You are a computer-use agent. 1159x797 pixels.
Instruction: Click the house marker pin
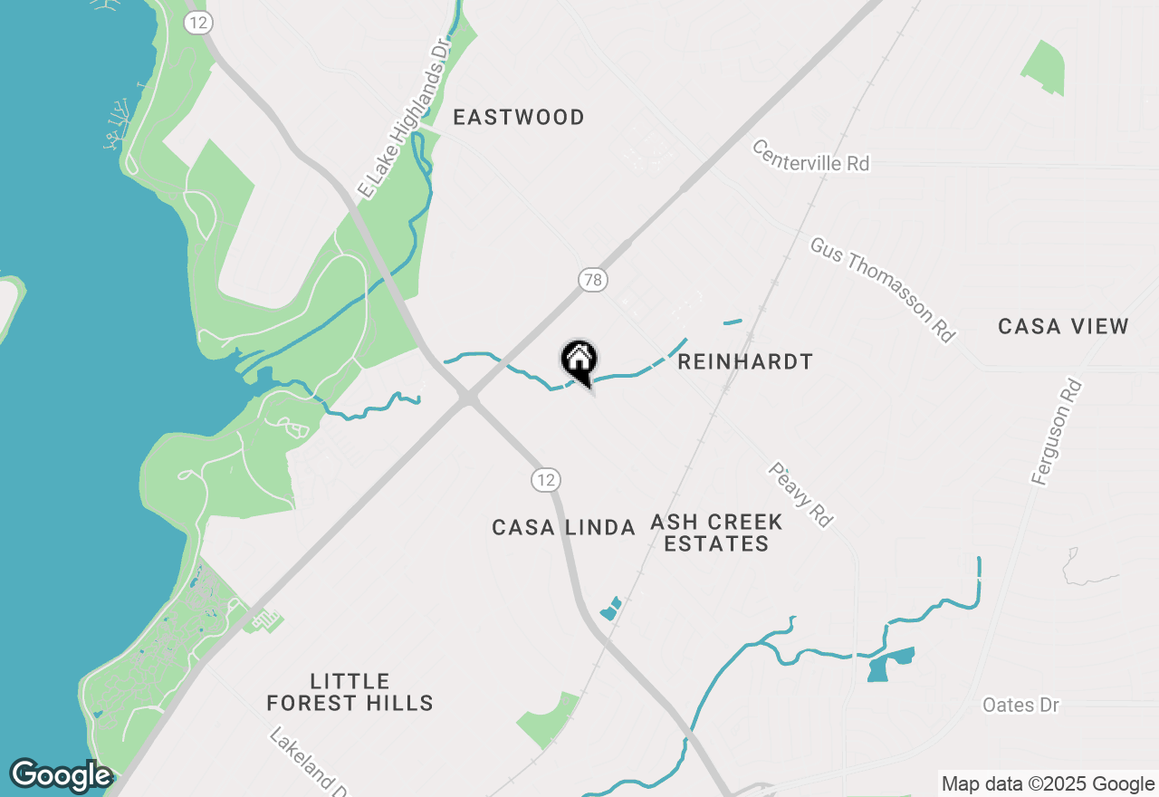(x=579, y=361)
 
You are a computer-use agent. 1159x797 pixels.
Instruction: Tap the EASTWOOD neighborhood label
(x=519, y=117)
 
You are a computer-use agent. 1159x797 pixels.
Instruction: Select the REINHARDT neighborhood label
(x=745, y=362)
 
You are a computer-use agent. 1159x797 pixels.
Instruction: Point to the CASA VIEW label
(x=1063, y=326)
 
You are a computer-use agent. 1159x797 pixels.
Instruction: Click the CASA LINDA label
(x=563, y=527)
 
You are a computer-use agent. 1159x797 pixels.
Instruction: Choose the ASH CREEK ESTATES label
(x=716, y=533)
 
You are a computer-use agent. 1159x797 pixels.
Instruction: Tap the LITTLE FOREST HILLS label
(x=350, y=692)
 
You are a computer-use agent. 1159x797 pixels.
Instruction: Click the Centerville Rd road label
(x=811, y=155)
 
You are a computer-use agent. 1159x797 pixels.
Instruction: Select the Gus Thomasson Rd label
(x=883, y=290)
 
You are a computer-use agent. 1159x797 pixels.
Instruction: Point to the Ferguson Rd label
(x=1057, y=432)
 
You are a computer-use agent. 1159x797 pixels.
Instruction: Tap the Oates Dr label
(x=1020, y=705)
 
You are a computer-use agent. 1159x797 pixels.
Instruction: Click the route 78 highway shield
(x=593, y=280)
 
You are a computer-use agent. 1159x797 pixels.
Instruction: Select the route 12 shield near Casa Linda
(x=545, y=479)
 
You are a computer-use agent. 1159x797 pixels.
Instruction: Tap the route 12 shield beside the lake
(x=198, y=23)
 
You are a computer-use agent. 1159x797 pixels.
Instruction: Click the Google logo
(x=61, y=775)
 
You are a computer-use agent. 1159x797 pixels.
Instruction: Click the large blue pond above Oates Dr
(x=889, y=665)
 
